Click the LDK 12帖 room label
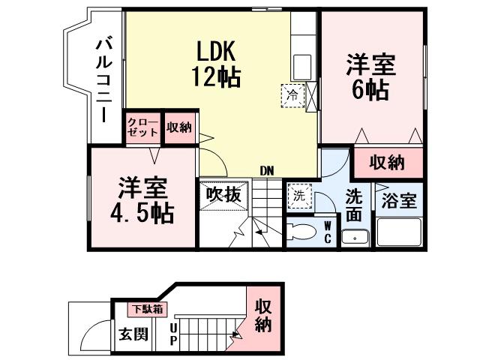(x=217, y=63)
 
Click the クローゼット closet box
(x=142, y=127)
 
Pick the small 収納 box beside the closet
(x=179, y=127)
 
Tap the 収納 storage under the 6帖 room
(x=387, y=161)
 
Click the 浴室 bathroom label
(x=399, y=200)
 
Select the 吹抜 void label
(x=223, y=194)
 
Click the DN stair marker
(x=266, y=171)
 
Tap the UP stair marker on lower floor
(x=173, y=335)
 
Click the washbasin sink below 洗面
(x=354, y=238)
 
